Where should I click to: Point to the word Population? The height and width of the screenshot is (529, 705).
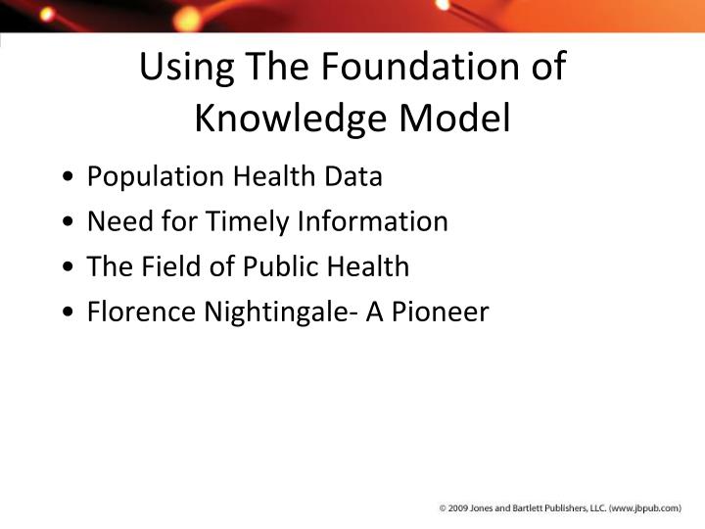156,177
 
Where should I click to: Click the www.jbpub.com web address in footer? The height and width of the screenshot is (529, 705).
641,509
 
